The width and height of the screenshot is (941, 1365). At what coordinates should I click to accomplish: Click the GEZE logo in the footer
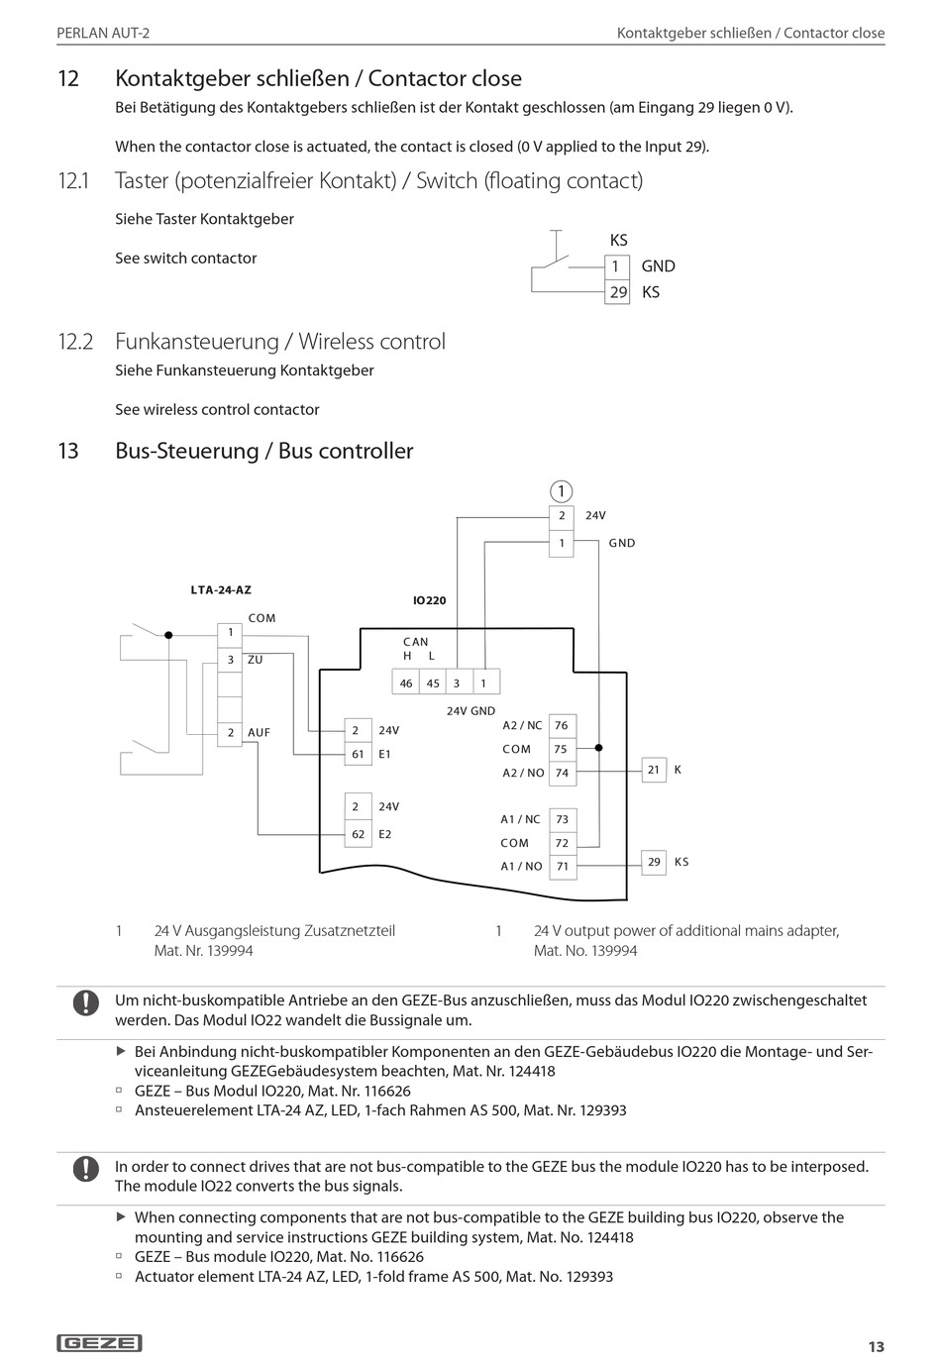pyautogui.click(x=100, y=1343)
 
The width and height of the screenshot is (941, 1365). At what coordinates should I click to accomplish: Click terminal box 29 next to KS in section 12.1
pyautogui.click(x=618, y=292)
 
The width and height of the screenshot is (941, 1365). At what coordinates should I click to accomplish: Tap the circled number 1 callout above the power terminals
pyautogui.click(x=561, y=491)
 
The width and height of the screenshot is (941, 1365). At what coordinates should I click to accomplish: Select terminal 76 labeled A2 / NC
pyautogui.click(x=562, y=725)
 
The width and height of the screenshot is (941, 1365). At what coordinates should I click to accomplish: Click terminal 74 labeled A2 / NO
pyautogui.click(x=562, y=773)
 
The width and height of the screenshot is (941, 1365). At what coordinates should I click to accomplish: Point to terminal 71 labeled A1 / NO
pyautogui.click(x=562, y=866)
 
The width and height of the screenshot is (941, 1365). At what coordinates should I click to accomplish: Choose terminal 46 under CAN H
pyautogui.click(x=406, y=682)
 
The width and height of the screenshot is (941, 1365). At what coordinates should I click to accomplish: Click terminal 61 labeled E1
pyautogui.click(x=358, y=755)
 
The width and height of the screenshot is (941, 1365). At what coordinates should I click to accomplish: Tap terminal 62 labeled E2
pyautogui.click(x=358, y=834)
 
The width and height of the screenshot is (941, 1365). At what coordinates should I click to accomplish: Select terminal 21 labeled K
pyautogui.click(x=654, y=770)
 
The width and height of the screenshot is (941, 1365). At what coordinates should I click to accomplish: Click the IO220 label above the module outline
pyautogui.click(x=430, y=600)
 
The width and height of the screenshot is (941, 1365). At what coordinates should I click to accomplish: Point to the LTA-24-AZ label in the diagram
pyautogui.click(x=221, y=589)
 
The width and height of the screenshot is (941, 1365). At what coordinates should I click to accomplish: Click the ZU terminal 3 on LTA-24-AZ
pyautogui.click(x=230, y=660)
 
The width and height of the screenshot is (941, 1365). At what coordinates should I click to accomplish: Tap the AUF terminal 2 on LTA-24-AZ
pyautogui.click(x=230, y=733)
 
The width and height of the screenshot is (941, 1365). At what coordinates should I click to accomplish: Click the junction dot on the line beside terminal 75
pyautogui.click(x=599, y=749)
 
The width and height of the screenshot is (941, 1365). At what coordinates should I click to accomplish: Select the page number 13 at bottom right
pyautogui.click(x=876, y=1346)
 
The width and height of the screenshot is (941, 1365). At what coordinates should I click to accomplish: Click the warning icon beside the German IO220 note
pyautogui.click(x=86, y=1002)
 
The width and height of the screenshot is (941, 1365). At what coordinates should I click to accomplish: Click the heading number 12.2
pyautogui.click(x=75, y=342)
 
